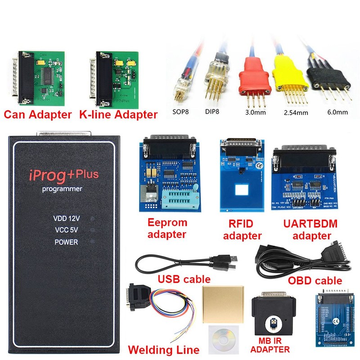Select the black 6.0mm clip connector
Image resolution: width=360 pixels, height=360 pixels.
pos(327,75)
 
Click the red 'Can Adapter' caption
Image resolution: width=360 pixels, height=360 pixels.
pos(38,114)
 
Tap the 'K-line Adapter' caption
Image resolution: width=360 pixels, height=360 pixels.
pos(119,114)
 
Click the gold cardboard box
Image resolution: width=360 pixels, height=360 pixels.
pos(220,306)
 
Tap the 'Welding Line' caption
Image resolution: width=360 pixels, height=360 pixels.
pos(164,349)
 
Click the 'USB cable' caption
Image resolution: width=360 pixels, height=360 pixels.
pos(184,279)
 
